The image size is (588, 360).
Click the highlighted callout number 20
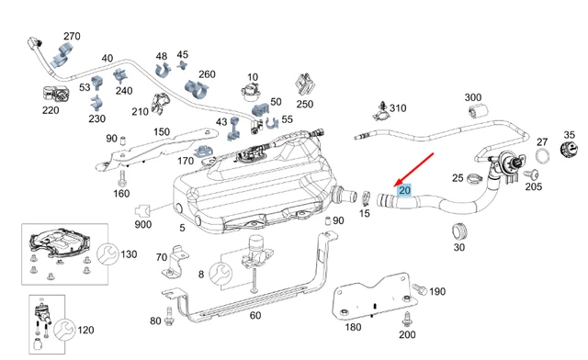point(404,190)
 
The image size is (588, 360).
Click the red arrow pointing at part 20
point(413,170)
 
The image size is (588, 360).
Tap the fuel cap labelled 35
point(569,150)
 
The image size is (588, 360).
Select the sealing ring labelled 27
point(542,156)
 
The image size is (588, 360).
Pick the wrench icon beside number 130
point(108,253)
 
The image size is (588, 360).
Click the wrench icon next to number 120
point(64,330)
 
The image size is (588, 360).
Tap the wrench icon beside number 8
point(220,274)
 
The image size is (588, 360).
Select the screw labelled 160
point(121,178)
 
